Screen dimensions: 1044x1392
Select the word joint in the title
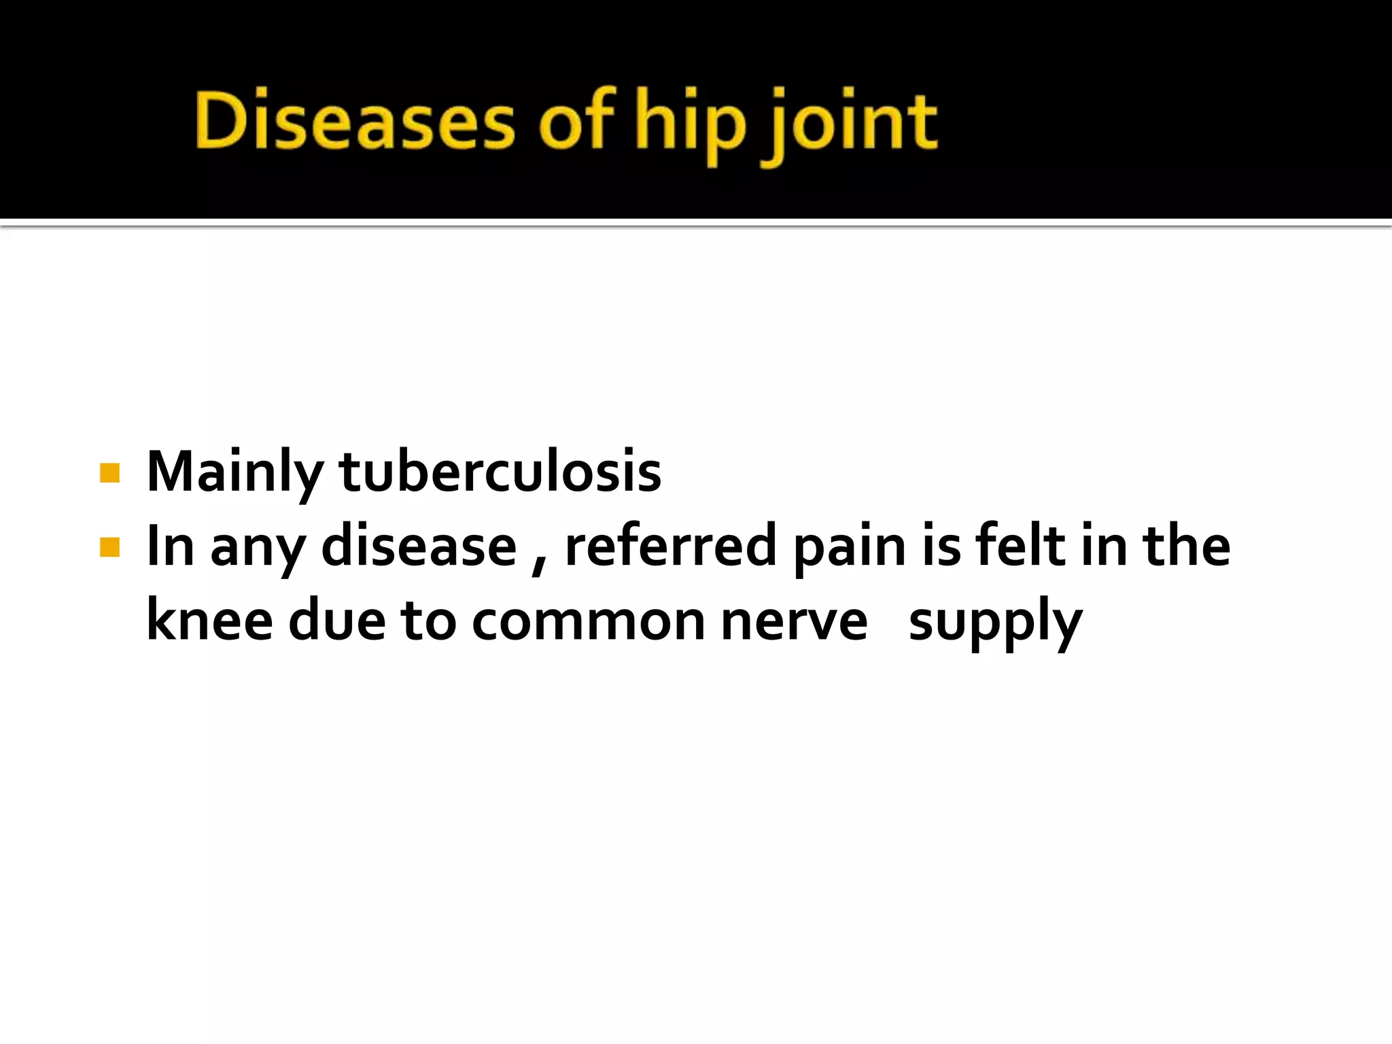pyautogui.click(x=850, y=125)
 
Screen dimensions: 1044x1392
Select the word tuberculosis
pyautogui.click(x=500, y=472)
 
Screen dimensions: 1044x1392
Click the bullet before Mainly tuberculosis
pyautogui.click(x=109, y=473)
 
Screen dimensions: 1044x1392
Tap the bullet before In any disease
pyautogui.click(x=109, y=547)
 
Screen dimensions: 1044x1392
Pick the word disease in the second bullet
pyautogui.click(x=419, y=546)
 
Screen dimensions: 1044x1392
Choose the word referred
pyautogui.click(x=670, y=546)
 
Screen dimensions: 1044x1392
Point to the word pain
pyautogui.click(x=850, y=548)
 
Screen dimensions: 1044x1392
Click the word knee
pyautogui.click(x=209, y=620)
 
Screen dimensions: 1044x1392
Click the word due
pyautogui.click(x=337, y=620)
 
